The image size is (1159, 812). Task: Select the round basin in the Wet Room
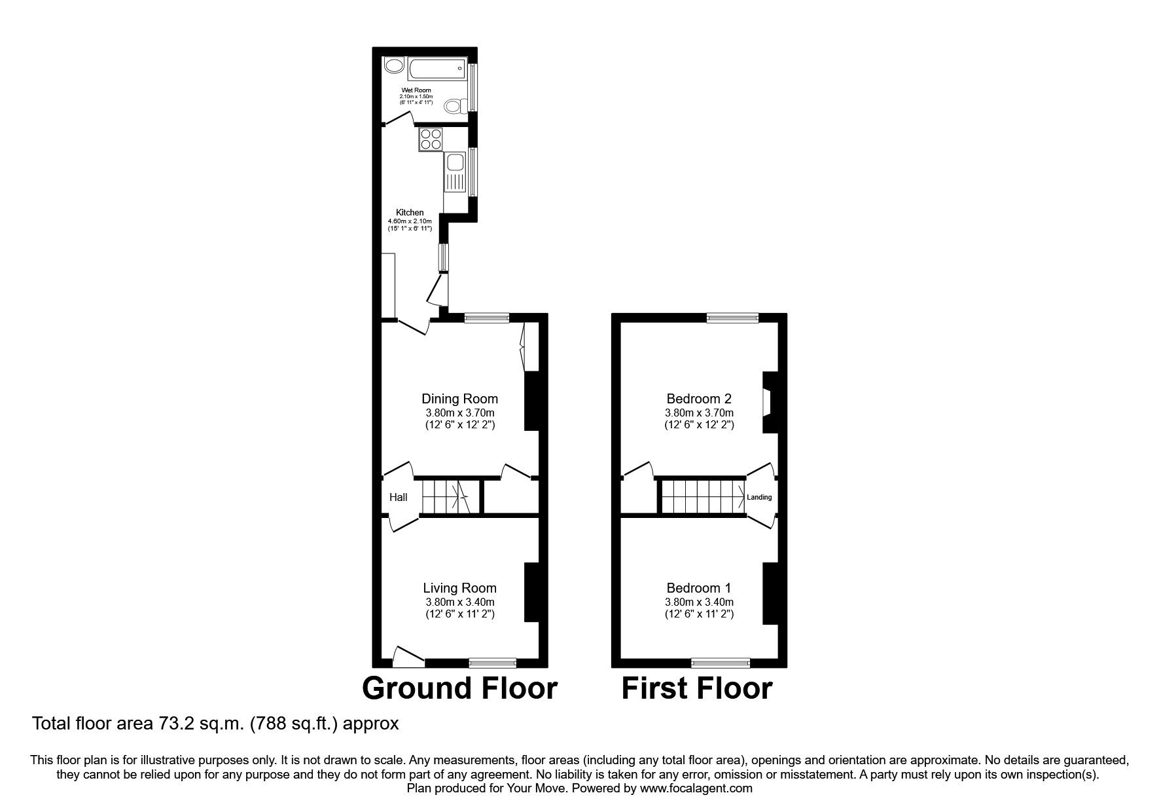tap(394, 65)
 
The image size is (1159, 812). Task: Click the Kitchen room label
tap(410, 212)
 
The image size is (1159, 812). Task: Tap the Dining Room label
tap(459, 399)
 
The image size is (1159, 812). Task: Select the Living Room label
tap(459, 588)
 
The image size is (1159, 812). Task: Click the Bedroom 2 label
tap(699, 399)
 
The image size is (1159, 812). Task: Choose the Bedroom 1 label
tap(699, 588)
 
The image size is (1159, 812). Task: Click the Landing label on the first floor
tap(760, 498)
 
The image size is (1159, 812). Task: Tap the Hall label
tap(399, 498)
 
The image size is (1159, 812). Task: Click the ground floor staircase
tap(450, 497)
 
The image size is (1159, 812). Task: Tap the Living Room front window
tap(493, 663)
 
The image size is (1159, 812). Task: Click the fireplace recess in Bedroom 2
tap(767, 402)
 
